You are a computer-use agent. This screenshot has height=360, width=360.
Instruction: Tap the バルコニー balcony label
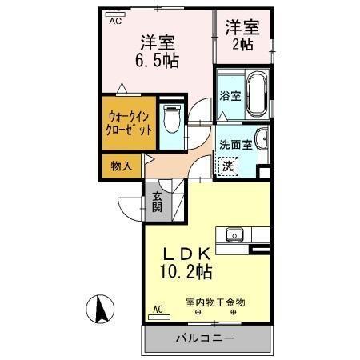coord(206,338)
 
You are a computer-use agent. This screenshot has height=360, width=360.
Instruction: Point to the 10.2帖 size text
coord(185,273)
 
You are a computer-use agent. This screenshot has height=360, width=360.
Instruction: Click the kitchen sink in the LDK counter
coord(234,234)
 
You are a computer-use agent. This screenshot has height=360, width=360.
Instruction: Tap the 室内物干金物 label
coord(215,302)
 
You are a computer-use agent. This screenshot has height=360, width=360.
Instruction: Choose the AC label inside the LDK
coord(158,308)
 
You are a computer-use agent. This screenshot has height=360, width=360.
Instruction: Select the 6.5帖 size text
coord(159,60)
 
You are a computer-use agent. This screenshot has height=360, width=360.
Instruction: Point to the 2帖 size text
coord(242,44)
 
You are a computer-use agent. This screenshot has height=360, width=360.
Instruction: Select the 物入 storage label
coord(121,166)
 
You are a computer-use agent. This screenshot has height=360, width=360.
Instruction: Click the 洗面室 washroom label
coord(236,146)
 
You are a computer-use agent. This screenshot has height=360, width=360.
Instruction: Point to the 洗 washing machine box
coord(229,166)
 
